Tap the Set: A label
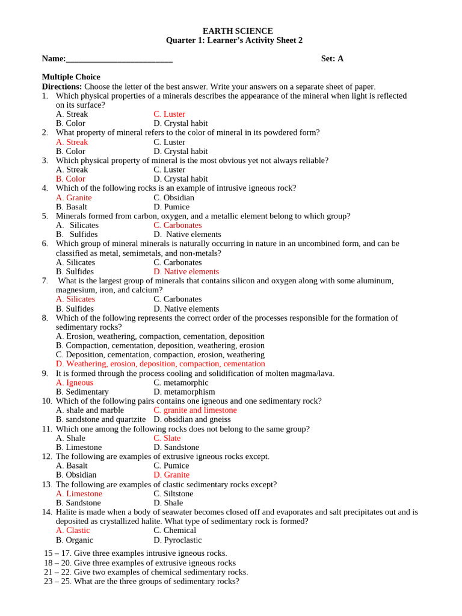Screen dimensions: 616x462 [x=332, y=58]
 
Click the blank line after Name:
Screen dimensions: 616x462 [x=119, y=59]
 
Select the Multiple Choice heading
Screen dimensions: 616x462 [x=71, y=77]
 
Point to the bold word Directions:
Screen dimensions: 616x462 [x=62, y=87]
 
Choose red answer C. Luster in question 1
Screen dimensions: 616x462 [x=169, y=114]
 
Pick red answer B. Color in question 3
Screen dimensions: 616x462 [x=70, y=179]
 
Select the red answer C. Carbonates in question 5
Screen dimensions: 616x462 [x=177, y=225]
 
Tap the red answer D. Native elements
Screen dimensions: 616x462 [x=186, y=271]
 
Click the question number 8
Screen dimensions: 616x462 [x=45, y=318]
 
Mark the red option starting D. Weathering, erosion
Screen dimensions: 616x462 [x=160, y=363]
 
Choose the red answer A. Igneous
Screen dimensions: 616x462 [x=75, y=383]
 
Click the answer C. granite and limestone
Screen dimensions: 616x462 [x=195, y=410]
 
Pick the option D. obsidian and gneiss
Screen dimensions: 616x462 [x=192, y=419]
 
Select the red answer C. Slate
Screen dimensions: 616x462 [x=167, y=438]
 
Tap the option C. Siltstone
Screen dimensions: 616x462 [x=173, y=494]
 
